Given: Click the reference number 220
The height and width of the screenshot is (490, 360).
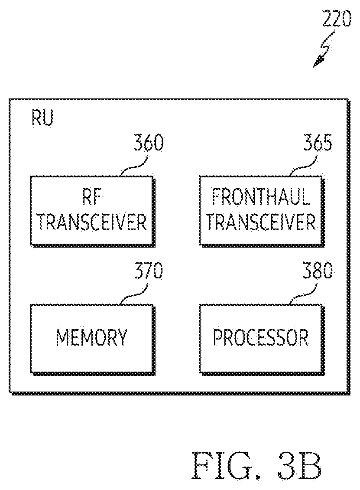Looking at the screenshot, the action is [x=337, y=19].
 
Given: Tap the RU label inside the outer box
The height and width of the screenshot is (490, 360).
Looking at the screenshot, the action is [x=42, y=118].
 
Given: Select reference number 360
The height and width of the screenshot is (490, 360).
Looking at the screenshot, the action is [x=148, y=143].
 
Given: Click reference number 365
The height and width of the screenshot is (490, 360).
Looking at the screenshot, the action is [x=318, y=143].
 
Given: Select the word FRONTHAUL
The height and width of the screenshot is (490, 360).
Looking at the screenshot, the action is [x=261, y=197].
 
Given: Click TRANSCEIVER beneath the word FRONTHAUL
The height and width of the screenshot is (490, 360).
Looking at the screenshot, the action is [x=261, y=222].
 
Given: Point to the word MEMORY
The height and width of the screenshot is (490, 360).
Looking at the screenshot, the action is [x=91, y=337].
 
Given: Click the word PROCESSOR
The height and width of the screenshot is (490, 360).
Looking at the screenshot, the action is [x=261, y=337].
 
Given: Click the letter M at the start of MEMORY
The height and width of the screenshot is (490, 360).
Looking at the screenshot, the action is [x=62, y=337].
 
